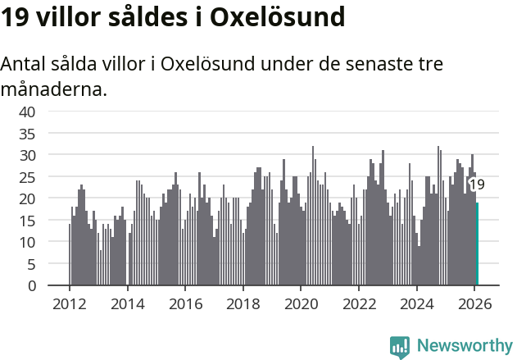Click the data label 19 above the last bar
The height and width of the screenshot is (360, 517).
click(476, 185)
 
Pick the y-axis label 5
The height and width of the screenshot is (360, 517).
click(31, 264)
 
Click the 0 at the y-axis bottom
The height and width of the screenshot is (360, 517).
click(31, 286)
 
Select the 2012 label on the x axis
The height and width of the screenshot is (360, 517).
click(69, 303)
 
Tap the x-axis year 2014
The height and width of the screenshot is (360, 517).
click(127, 303)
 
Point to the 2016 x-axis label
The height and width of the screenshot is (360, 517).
click(185, 303)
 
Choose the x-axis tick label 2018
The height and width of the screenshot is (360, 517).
click(243, 303)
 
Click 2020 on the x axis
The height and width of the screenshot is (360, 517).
click(301, 303)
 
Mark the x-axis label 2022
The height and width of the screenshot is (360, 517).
click(359, 303)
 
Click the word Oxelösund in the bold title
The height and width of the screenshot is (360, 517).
click(278, 17)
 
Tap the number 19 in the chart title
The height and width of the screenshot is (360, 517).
click(17, 17)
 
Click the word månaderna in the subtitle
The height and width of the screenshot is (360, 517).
click(54, 89)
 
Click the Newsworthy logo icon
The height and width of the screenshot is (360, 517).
click(400, 346)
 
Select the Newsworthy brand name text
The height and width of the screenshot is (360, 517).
click(464, 346)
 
